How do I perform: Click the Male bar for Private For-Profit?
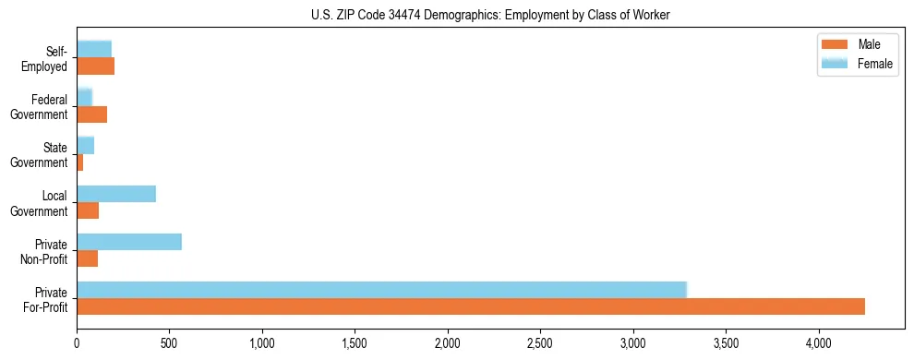coord(471,306)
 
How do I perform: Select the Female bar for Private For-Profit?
coord(381,290)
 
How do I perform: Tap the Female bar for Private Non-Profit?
coord(129,242)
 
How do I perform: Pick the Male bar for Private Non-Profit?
coord(88,258)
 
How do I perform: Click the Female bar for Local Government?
coord(116,194)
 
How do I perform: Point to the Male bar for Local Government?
coord(88,210)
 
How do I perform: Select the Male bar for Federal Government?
coord(92,114)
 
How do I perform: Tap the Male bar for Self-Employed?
coord(96,66)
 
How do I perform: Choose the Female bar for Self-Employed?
coord(94,50)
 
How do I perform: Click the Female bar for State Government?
coord(86,146)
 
